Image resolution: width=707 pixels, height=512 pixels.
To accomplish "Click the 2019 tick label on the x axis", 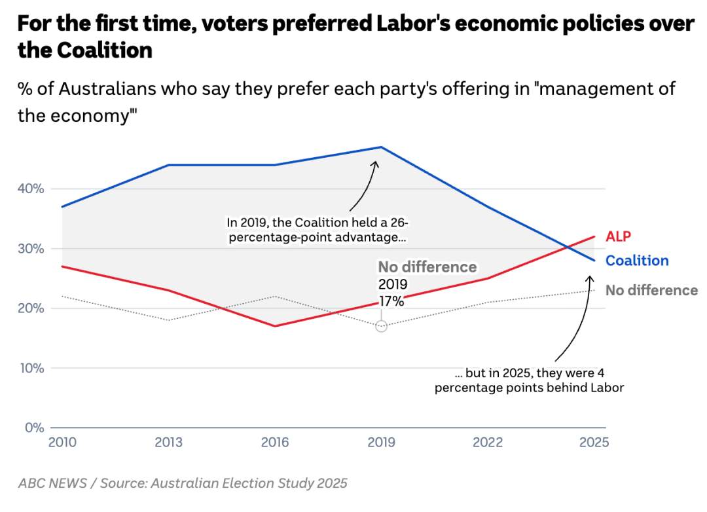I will pyautogui.click(x=381, y=443).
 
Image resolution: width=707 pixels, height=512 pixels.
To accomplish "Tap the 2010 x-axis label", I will pyautogui.click(x=62, y=443).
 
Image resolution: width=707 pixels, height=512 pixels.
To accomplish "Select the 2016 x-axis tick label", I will pyautogui.click(x=275, y=443).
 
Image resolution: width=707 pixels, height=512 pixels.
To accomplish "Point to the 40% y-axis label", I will pyautogui.click(x=31, y=189).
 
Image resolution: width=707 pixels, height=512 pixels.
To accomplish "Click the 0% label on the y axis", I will pyautogui.click(x=34, y=428).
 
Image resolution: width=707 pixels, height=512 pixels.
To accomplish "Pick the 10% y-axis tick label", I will pyautogui.click(x=31, y=368).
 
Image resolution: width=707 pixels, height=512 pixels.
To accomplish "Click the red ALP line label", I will pyautogui.click(x=619, y=236).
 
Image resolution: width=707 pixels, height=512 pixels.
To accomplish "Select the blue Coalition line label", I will pyautogui.click(x=637, y=261).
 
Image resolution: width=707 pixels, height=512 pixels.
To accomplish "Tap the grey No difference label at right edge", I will pyautogui.click(x=651, y=290).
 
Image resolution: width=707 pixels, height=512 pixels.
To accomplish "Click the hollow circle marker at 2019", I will pyautogui.click(x=381, y=325).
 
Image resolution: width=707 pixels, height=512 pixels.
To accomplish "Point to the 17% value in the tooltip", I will pyautogui.click(x=391, y=302).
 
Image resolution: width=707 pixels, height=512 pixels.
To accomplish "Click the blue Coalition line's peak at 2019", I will pyautogui.click(x=381, y=147).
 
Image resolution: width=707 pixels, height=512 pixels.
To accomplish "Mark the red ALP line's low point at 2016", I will pyautogui.click(x=275, y=326).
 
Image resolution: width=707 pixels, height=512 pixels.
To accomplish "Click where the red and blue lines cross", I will pyautogui.click(x=567, y=247).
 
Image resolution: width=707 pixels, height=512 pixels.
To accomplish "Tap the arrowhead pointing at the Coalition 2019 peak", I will pyautogui.click(x=376, y=164).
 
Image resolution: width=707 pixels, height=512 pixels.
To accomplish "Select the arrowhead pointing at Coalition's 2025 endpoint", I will pyautogui.click(x=589, y=278).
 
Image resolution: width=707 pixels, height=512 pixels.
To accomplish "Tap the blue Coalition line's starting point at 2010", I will pyautogui.click(x=62, y=207).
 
